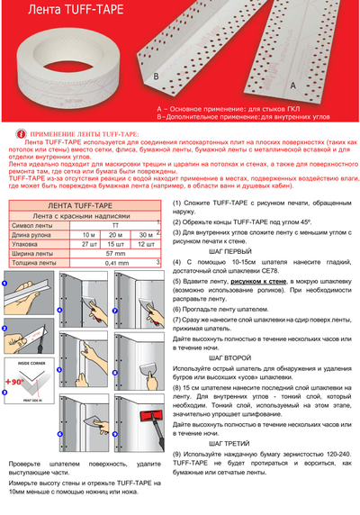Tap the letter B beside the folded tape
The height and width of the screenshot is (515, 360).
[x=156, y=78]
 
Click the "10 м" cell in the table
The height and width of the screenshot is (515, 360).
[x=88, y=234]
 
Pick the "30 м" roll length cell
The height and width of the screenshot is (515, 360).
[x=146, y=234]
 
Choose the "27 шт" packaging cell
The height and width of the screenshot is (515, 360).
[x=88, y=243]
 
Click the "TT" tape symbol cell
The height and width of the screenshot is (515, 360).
[x=115, y=225]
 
